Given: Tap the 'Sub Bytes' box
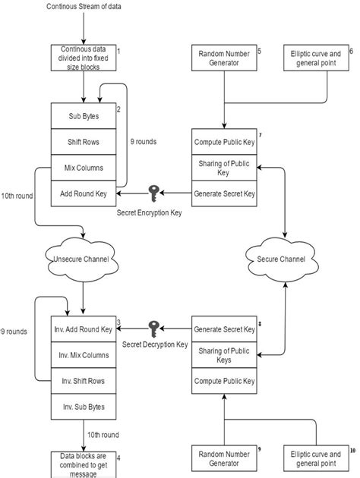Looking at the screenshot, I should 82,116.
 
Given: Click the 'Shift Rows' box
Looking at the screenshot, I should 82,142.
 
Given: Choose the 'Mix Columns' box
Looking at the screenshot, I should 82,168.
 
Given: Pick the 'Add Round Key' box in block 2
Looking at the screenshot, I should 82,193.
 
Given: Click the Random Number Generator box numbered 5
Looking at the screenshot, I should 223,58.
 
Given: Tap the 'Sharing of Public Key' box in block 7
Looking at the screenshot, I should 223,167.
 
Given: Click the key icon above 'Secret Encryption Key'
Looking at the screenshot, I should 154,193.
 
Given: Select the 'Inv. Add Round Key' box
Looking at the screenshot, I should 82,329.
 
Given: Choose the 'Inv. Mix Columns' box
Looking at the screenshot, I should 82,355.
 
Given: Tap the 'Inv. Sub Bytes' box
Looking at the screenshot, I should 82,407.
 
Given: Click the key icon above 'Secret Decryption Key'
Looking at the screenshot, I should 154,329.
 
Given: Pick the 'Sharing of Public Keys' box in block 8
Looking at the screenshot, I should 223,355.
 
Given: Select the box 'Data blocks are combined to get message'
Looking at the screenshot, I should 82,464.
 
